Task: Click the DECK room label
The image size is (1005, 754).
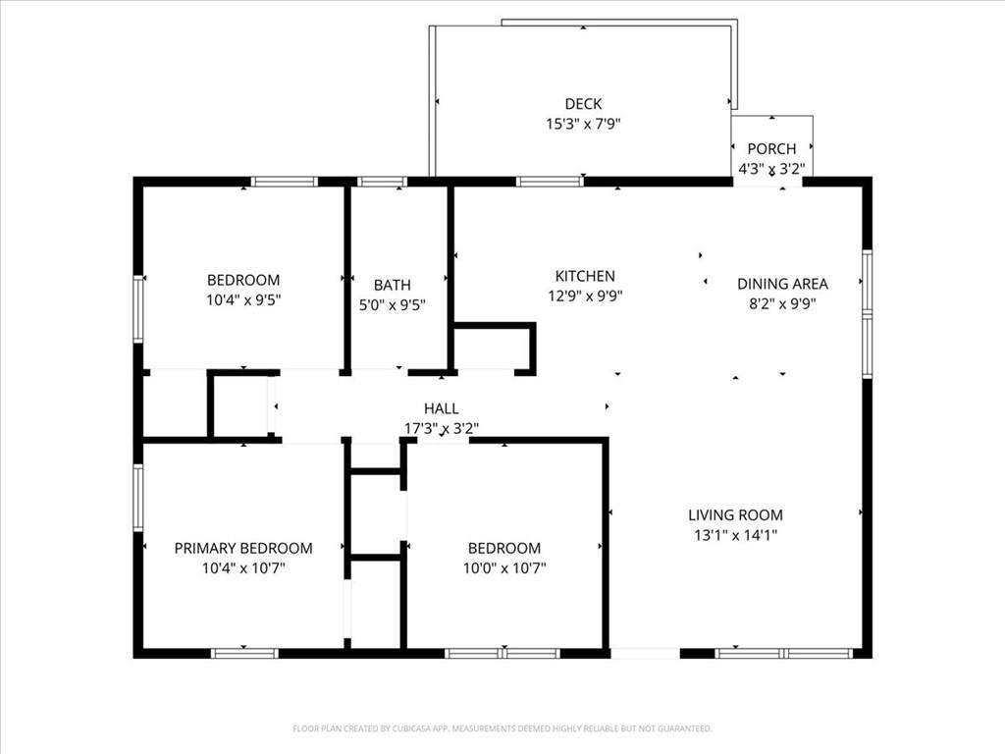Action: click(x=583, y=104)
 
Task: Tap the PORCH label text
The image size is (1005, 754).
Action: click(x=771, y=149)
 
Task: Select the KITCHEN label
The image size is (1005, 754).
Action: click(x=585, y=276)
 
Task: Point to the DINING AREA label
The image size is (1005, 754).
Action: click(x=782, y=284)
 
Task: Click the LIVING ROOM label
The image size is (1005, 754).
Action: click(x=736, y=514)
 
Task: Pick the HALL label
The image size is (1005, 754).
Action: click(x=442, y=408)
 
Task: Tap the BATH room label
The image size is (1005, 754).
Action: click(x=393, y=286)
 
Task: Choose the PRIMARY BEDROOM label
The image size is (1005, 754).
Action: click(x=243, y=548)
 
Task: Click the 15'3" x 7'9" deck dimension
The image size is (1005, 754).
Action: click(x=583, y=124)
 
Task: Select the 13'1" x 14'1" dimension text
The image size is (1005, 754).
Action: click(x=736, y=535)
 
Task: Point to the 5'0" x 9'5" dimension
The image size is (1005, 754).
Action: click(x=393, y=305)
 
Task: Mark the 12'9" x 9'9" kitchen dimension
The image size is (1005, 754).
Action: click(x=585, y=296)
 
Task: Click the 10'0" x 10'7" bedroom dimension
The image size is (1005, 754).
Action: click(x=505, y=568)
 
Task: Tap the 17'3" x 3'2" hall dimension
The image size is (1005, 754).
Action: click(x=442, y=428)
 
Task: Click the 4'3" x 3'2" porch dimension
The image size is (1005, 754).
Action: click(x=771, y=169)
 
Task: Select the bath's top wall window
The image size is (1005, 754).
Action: click(x=382, y=182)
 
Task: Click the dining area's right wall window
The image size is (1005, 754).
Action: click(x=868, y=313)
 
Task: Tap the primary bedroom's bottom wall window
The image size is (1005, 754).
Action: click(x=244, y=653)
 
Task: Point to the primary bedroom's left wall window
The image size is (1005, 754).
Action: click(x=137, y=498)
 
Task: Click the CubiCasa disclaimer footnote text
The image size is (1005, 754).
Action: click(x=502, y=728)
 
